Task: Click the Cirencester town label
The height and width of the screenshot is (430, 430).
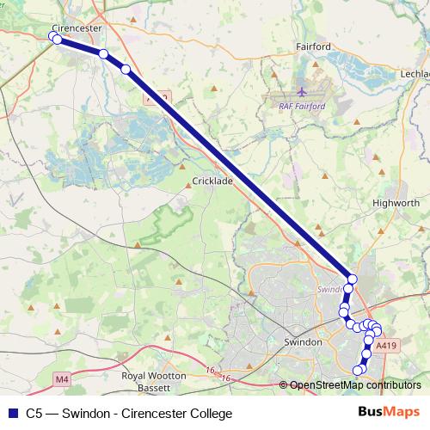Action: click(77, 28)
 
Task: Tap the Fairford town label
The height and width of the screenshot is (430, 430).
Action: click(313, 46)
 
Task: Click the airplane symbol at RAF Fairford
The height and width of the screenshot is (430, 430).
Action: click(301, 91)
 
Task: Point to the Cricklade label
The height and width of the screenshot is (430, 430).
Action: click(212, 181)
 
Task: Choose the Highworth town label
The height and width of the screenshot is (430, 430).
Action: click(395, 203)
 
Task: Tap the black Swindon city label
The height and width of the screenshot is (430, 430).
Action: click(302, 341)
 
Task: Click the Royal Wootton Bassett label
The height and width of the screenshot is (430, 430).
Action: click(154, 382)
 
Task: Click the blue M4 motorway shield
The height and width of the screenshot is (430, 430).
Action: click(61, 378)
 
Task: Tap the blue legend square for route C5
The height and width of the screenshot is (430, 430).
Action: click(10, 414)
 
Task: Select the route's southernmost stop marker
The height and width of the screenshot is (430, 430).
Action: click(359, 370)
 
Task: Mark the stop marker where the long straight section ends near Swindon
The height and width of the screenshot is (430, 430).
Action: click(351, 278)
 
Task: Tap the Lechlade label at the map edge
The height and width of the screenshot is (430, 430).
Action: click(414, 75)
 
